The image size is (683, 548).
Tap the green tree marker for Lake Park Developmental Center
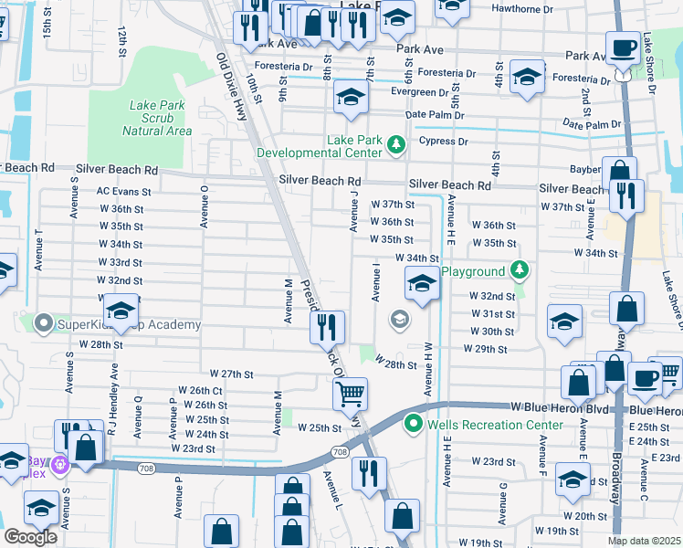pos(396,143)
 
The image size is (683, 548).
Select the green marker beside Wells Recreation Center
pos(413,424)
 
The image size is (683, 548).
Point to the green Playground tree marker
pos(519,271)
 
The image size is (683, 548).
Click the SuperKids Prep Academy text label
pos(130,325)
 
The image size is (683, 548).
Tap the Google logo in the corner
pos(30,537)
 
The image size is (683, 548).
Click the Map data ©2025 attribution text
pos(644,541)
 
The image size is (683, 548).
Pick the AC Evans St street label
pos(123,192)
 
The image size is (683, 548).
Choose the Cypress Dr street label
pos(443,142)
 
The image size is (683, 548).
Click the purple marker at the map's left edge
pos(62,465)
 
